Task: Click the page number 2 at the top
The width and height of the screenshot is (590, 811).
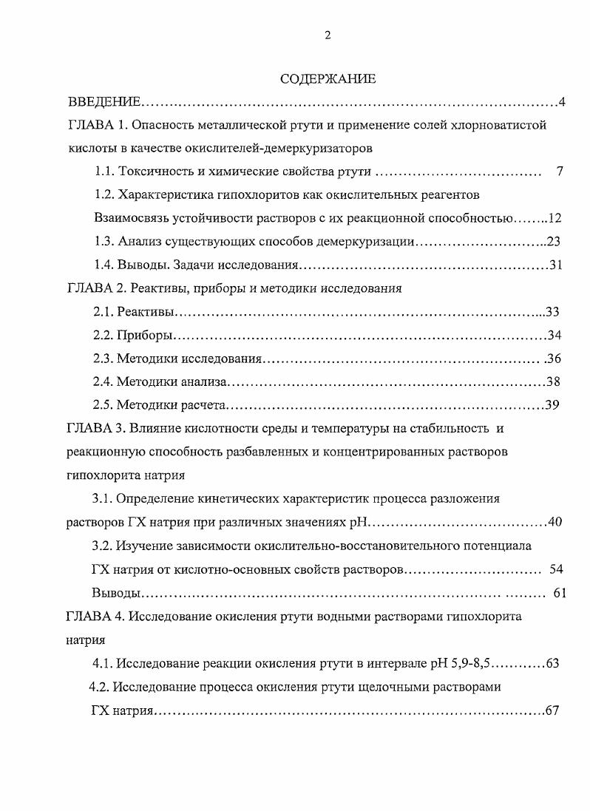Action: pos(328,36)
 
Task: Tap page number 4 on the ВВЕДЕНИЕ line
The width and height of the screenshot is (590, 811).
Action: pos(562,101)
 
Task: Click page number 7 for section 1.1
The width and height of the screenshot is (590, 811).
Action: pos(560,172)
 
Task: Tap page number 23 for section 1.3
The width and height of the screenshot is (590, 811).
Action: pos(555,242)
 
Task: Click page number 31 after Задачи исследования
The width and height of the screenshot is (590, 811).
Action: pos(555,265)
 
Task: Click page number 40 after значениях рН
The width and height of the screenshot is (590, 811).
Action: pos(555,522)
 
